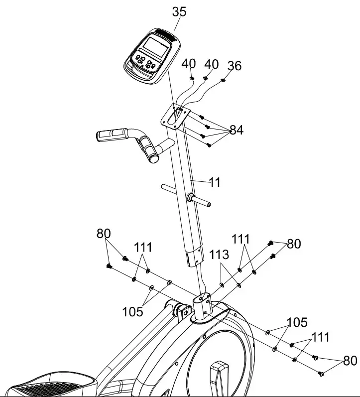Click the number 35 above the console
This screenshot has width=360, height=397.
[179, 12]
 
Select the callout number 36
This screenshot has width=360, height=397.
[234, 66]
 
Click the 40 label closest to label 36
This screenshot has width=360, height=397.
[212, 64]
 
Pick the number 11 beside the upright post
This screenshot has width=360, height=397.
[215, 182]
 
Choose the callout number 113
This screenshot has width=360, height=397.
[219, 255]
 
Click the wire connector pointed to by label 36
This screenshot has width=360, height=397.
[223, 78]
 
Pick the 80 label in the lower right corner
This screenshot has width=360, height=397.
[351, 360]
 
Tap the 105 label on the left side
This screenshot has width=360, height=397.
[132, 312]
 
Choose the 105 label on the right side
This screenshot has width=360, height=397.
[297, 322]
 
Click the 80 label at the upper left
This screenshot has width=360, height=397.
[104, 234]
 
